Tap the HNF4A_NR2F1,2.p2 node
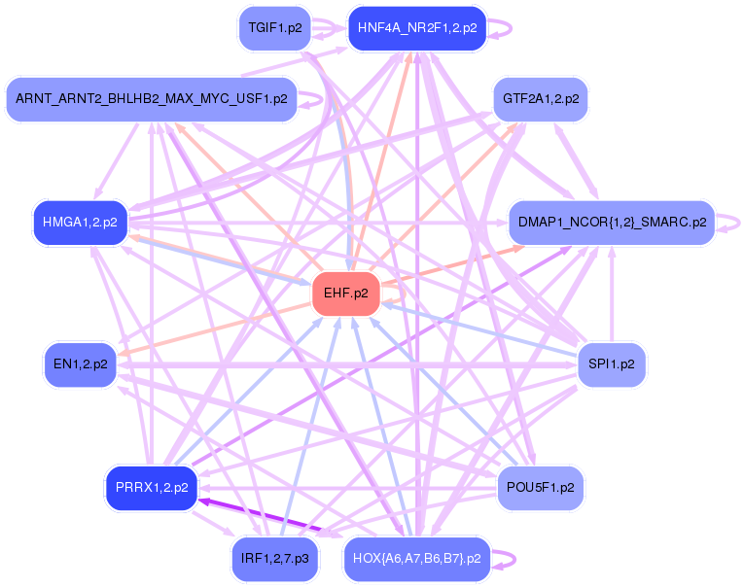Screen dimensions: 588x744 click(x=416, y=28)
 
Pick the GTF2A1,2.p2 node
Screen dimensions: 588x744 click(x=541, y=99)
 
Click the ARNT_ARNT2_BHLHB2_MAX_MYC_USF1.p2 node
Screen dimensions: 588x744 click(x=151, y=99)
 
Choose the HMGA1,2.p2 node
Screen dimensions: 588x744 click(x=80, y=223)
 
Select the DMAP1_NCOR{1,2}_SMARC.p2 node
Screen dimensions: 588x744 click(x=612, y=223)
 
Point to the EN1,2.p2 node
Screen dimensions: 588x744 click(x=80, y=365)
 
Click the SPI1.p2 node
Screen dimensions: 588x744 click(x=612, y=365)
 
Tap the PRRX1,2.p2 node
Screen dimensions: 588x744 click(x=151, y=488)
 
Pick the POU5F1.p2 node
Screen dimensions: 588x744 click(x=541, y=488)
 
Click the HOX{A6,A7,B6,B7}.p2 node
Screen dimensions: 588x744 click(x=416, y=559)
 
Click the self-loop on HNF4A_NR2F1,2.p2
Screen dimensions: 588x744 click(x=502, y=28)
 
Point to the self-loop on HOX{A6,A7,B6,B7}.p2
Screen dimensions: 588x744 click(x=504, y=559)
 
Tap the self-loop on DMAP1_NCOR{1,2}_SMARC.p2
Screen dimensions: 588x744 click(x=732, y=223)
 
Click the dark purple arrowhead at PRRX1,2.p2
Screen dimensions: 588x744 click(x=205, y=501)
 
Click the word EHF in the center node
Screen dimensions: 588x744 click(x=337, y=294)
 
